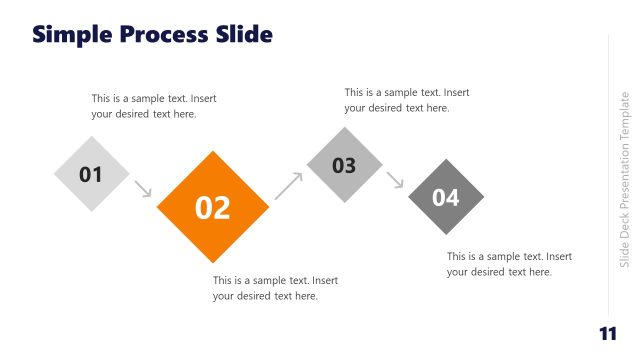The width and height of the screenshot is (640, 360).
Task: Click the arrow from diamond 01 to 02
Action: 142,188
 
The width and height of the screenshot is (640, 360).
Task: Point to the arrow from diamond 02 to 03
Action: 288,185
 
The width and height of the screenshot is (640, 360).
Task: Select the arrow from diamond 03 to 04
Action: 395,180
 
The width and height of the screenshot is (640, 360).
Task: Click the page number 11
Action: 606,334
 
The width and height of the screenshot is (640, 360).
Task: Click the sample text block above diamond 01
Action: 153,106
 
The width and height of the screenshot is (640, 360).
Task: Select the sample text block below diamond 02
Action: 275,288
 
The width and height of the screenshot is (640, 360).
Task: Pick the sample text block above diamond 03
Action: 406,100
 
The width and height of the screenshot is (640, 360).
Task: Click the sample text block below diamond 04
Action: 509,264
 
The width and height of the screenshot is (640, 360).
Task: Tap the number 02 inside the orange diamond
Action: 213,208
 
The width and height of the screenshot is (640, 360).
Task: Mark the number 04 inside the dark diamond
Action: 446,198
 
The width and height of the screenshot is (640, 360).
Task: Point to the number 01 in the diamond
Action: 91,175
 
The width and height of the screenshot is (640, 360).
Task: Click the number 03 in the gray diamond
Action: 344,165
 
